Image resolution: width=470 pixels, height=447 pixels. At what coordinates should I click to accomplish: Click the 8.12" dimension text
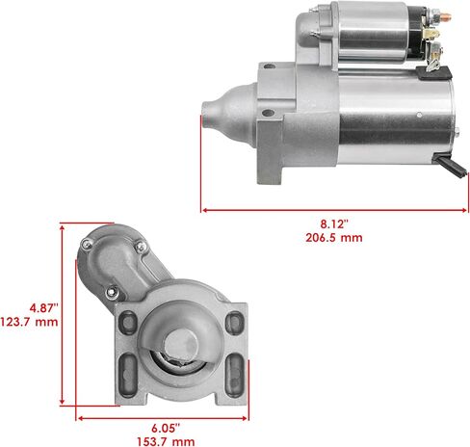coord(334,223)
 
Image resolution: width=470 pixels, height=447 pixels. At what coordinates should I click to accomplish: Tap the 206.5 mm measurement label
coord(334,238)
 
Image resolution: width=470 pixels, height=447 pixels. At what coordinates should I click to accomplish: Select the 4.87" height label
coord(44,308)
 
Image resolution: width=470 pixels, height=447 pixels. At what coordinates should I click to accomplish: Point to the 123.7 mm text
coord(29,322)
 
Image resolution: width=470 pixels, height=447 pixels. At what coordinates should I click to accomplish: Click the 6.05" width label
coord(166,428)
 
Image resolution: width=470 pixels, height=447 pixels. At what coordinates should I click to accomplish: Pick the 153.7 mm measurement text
coord(166,441)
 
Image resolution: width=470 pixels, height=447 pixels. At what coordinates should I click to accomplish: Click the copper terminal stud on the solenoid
coord(446,16)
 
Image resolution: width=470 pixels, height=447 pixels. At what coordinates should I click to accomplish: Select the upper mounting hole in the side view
coord(270,66)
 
